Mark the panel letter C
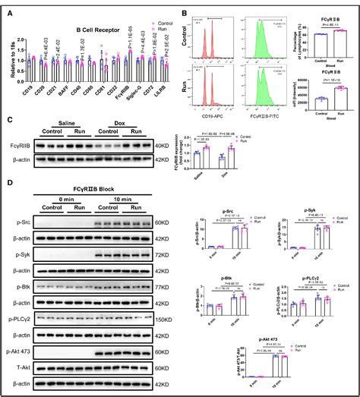[10, 120]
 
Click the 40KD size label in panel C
[161, 144]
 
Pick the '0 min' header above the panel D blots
[66, 197]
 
